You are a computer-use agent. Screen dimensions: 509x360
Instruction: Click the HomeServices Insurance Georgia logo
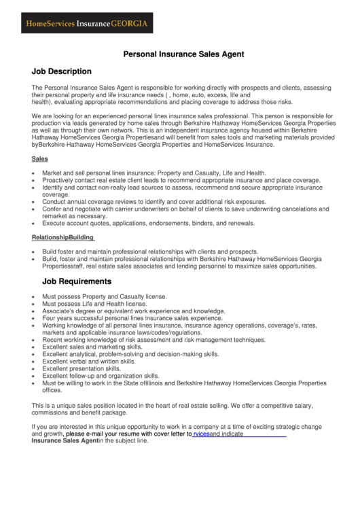tap(86, 23)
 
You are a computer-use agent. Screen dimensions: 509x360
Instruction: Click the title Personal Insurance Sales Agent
tap(179, 53)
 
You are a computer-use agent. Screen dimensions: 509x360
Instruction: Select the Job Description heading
tap(61, 71)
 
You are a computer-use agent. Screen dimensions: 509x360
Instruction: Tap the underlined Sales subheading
tap(39, 158)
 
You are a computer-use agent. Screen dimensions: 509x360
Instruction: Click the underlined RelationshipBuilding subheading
tap(63, 237)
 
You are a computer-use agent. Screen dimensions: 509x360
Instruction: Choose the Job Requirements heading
tap(77, 281)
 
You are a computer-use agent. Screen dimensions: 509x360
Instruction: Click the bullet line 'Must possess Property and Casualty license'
tap(104, 297)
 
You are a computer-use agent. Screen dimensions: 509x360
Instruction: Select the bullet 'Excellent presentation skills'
tap(82, 368)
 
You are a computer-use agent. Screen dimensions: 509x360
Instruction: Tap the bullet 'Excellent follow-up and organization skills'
tap(101, 375)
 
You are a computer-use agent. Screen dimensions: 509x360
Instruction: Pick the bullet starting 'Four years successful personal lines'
tap(132, 318)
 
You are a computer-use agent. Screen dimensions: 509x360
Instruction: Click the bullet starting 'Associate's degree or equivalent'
tap(133, 311)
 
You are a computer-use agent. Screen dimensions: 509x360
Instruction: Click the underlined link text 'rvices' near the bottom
tap(201, 434)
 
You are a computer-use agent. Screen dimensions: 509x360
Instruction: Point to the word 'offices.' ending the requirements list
tap(52, 390)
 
